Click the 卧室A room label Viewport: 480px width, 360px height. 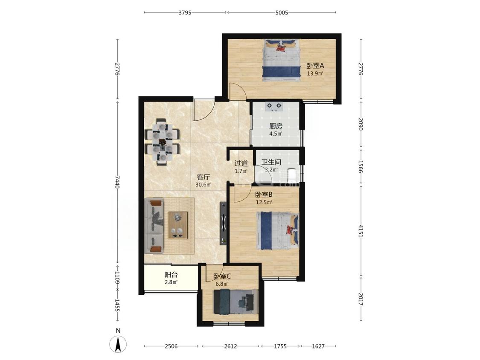coord(315,66)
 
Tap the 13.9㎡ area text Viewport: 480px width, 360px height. coord(315,73)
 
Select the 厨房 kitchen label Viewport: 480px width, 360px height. coord(276,126)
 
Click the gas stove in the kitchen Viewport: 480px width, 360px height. coord(274,106)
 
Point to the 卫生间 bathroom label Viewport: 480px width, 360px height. coord(271,162)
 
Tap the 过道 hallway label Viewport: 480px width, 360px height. coord(241,163)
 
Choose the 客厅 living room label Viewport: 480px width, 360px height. coord(203,177)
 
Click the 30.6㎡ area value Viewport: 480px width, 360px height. coord(203,185)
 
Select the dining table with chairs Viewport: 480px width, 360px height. coord(162,142)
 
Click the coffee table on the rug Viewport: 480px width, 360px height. coord(177,225)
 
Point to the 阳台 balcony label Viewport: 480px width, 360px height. coord(171,275)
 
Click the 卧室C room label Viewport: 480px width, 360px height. coord(222,276)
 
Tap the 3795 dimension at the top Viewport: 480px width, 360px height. coord(185,12)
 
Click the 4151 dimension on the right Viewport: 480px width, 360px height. coord(361,231)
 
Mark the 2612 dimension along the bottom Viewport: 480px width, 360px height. coord(230,346)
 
